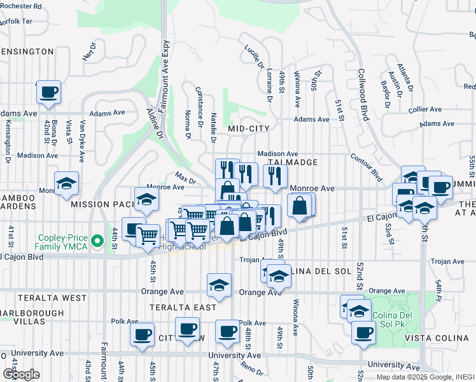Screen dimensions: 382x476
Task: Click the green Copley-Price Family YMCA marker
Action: pos(97,241)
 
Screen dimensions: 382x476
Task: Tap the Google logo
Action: pos(21,374)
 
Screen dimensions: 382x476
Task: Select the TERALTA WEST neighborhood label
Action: pos(43,297)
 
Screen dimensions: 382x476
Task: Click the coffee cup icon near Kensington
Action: pos(48,92)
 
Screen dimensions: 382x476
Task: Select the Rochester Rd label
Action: pos(21,6)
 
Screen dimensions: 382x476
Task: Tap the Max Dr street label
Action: pos(185,176)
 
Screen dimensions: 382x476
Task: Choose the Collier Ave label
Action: pos(425,110)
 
